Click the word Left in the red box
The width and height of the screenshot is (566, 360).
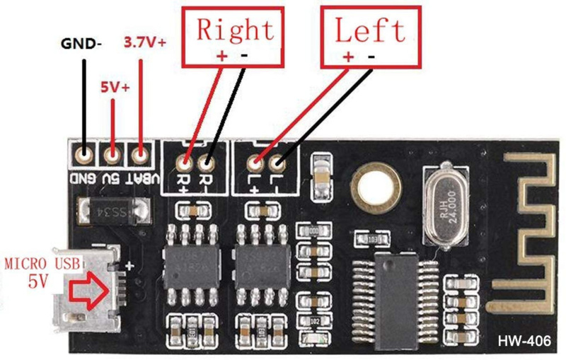pyautogui.click(x=370, y=30)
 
